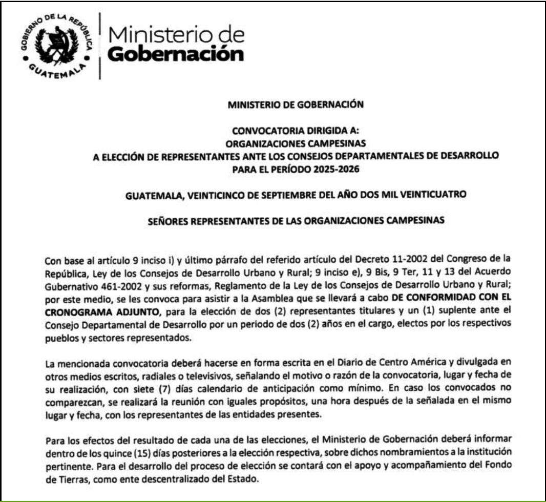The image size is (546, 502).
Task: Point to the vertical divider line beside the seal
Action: tap(99, 46)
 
